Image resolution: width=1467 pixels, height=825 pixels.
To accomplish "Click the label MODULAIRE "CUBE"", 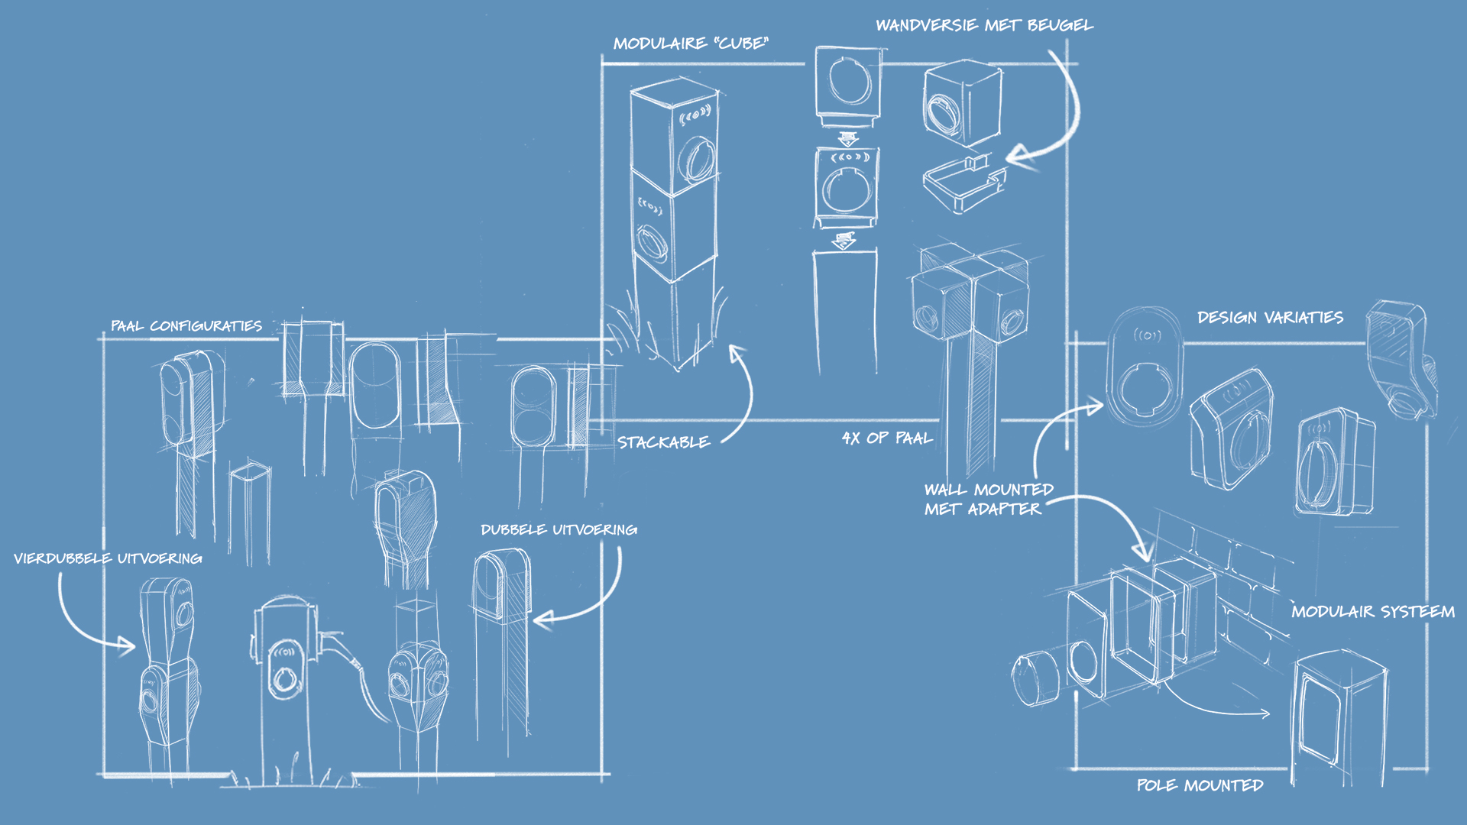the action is click(691, 44).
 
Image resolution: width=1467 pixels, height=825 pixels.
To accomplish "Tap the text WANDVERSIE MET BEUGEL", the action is click(984, 25).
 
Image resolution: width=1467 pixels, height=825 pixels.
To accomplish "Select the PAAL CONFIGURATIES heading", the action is click(186, 326).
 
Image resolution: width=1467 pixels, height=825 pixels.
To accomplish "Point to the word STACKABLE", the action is click(663, 442).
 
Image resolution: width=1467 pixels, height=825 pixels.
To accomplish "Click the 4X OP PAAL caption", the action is click(887, 438).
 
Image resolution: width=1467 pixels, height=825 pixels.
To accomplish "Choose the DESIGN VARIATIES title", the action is click(1270, 317).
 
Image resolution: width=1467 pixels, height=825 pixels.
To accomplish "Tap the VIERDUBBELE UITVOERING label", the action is click(108, 558).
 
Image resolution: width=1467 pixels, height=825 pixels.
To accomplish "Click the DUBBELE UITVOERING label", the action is click(559, 529).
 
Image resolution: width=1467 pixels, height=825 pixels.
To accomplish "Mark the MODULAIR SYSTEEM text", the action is click(1373, 611).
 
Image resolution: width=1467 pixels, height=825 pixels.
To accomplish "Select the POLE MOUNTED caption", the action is click(1200, 785).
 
